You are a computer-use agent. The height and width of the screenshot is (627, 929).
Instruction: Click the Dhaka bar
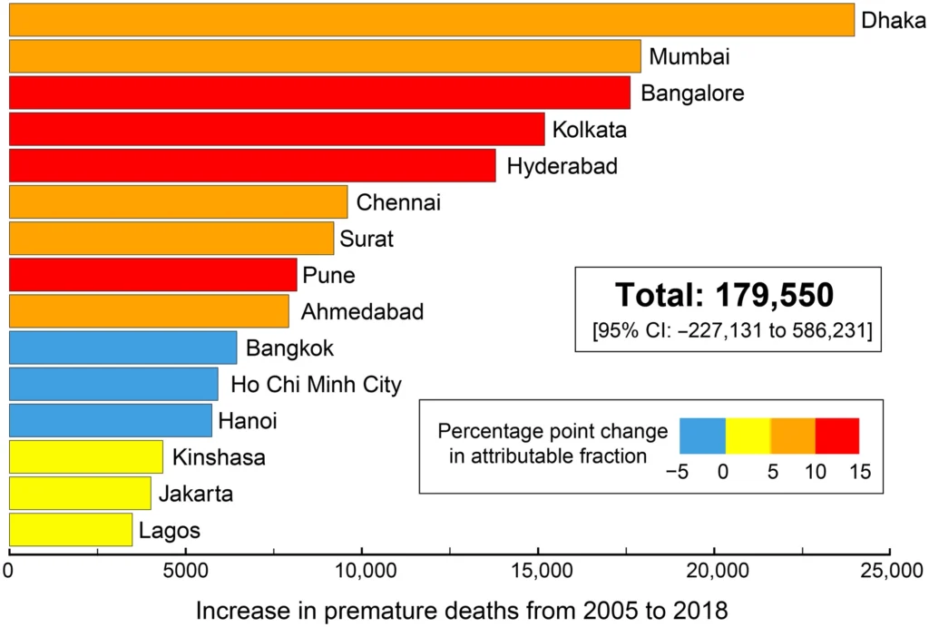[431, 20]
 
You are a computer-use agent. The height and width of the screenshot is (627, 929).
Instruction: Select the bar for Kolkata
[277, 129]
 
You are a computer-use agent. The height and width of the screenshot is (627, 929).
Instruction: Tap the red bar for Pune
[152, 274]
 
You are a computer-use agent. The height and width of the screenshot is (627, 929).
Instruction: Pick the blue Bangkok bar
[122, 347]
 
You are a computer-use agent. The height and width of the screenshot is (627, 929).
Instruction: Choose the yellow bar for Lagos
[71, 529]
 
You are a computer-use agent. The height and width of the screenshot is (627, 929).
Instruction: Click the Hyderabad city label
[562, 167]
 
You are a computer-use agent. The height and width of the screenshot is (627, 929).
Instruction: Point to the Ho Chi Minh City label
[316, 385]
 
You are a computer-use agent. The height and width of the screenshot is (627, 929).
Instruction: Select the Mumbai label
[689, 57]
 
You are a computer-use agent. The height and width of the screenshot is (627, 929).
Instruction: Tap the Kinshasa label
[219, 457]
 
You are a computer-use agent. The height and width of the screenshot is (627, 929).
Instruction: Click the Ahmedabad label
[362, 312]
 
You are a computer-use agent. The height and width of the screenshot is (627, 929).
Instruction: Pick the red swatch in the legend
[836, 436]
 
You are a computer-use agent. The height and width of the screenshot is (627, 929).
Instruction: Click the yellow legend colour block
[748, 436]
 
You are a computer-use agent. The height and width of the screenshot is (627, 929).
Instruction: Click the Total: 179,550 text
[724, 295]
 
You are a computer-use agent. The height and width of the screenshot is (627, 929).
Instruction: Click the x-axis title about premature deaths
[462, 610]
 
